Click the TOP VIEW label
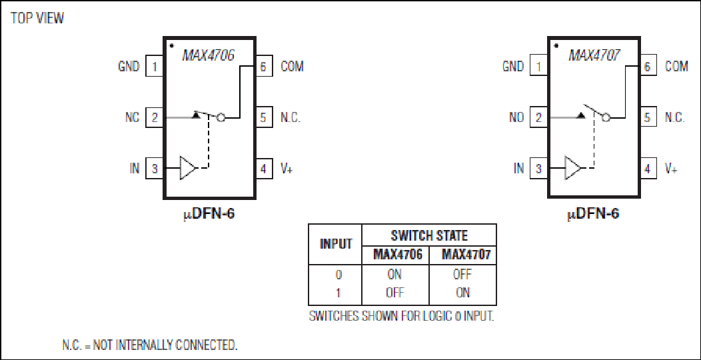pos(37,19)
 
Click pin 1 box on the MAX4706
pos(154,67)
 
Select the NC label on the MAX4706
pos(133,117)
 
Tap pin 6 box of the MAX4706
pos(263,67)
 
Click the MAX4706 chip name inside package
pos(209,55)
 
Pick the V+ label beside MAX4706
pos(287,169)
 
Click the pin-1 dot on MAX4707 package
pos(556,45)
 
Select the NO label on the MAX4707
pos(516,117)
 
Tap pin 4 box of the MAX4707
pos(648,169)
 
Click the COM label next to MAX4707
pos(676,66)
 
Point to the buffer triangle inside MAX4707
pos(572,168)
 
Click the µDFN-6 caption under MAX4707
pos(593,214)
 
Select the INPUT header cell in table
pos(335,244)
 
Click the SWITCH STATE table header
pos(429,235)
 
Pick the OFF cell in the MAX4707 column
pos(462,274)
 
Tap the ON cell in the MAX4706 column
pos(394,274)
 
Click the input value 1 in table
pos(338,293)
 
